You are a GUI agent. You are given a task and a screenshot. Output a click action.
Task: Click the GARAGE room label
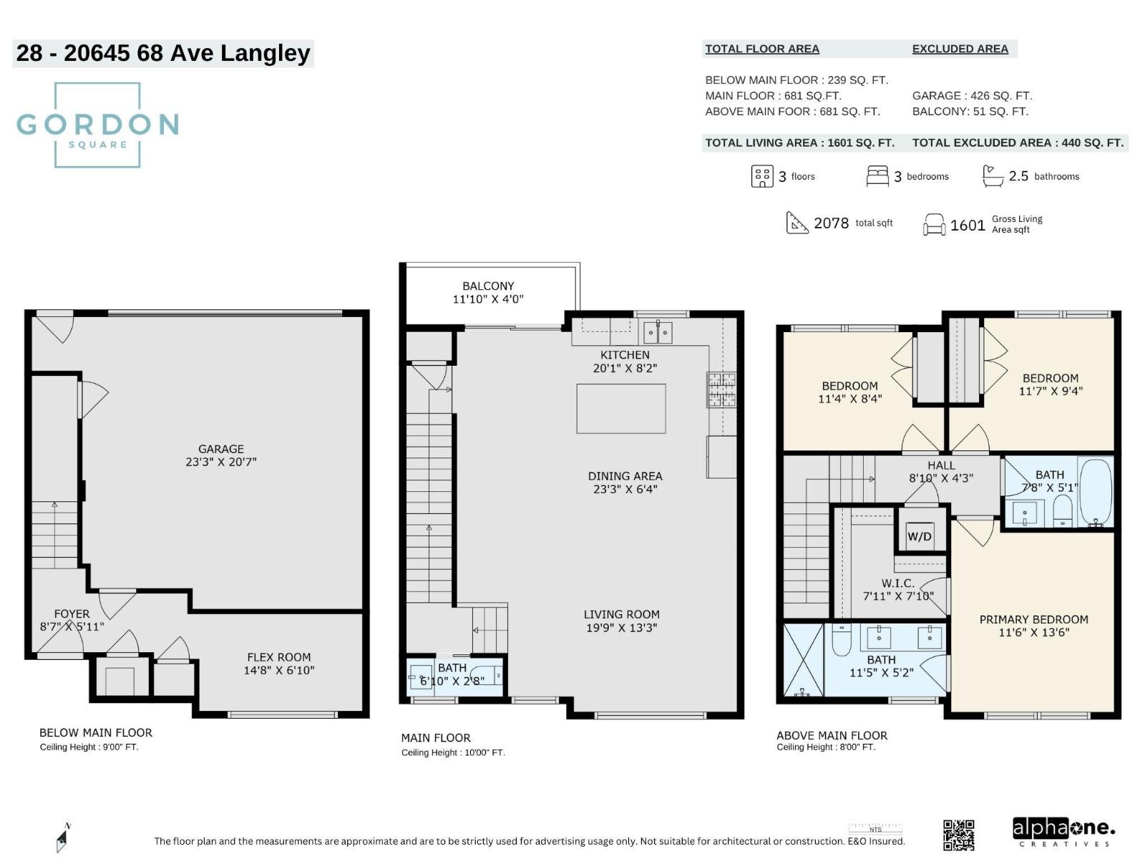pyautogui.click(x=220, y=450)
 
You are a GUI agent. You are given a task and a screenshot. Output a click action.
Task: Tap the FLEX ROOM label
pyautogui.click(x=278, y=657)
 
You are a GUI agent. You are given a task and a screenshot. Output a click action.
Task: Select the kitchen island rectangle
pyautogui.click(x=620, y=409)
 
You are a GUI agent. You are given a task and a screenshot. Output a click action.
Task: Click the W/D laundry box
pyautogui.click(x=920, y=535)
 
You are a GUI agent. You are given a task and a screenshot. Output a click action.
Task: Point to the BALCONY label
pyautogui.click(x=488, y=286)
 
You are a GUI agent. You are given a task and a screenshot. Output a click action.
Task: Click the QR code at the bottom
pyautogui.click(x=958, y=835)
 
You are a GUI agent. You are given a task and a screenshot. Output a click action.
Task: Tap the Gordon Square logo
pyautogui.click(x=97, y=125)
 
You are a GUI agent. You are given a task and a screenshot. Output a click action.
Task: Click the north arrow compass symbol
pyautogui.click(x=64, y=837)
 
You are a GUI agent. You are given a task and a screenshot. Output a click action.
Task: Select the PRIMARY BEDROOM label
pyautogui.click(x=1033, y=619)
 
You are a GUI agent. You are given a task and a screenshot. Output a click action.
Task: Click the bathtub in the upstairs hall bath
pyautogui.click(x=1095, y=492)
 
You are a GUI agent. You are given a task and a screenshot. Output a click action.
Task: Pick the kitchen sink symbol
pyautogui.click(x=657, y=332)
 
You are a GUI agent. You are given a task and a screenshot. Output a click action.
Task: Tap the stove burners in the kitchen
pyautogui.click(x=721, y=389)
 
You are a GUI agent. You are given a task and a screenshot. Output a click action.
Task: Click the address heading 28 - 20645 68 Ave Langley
pyautogui.click(x=163, y=53)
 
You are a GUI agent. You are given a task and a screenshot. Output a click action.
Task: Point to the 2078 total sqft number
pyautogui.click(x=831, y=223)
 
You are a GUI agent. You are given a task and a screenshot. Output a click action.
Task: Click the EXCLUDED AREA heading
pyautogui.click(x=960, y=49)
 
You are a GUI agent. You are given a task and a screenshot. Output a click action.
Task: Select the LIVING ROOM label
pyautogui.click(x=621, y=614)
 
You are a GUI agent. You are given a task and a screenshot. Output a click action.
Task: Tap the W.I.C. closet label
pyautogui.click(x=897, y=583)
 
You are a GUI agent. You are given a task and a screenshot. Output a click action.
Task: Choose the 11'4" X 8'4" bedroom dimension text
pyautogui.click(x=849, y=399)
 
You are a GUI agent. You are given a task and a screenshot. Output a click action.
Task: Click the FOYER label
pyautogui.click(x=72, y=613)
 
